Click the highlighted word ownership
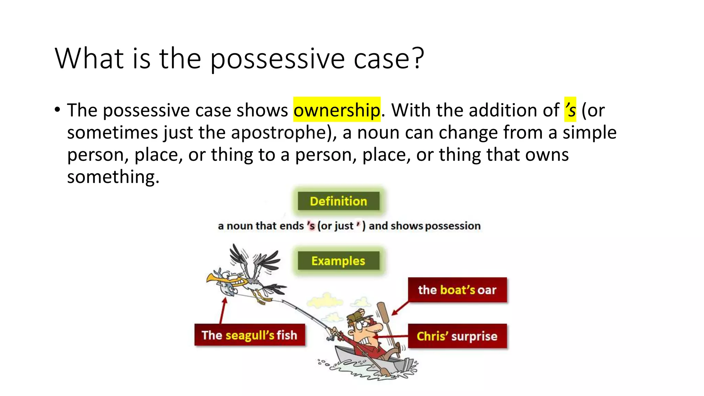click(337, 110)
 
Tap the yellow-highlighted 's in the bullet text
click(570, 110)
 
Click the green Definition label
click(338, 201)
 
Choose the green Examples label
click(338, 261)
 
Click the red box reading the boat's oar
click(457, 290)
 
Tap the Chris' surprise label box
click(457, 336)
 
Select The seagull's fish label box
click(250, 335)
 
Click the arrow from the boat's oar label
click(400, 308)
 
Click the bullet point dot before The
click(57, 110)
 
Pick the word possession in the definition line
click(453, 226)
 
